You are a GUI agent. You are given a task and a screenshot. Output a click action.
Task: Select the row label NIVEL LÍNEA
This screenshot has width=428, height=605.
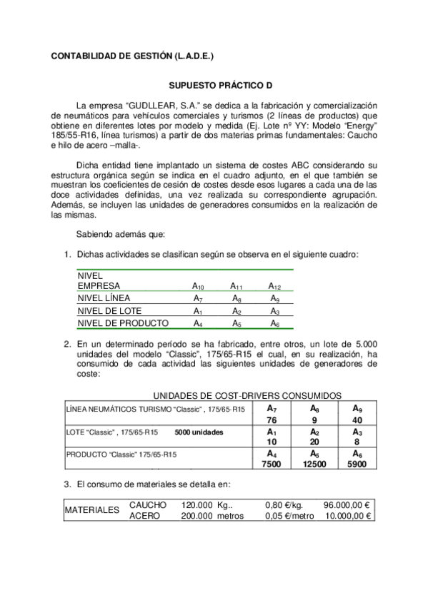tap(104, 298)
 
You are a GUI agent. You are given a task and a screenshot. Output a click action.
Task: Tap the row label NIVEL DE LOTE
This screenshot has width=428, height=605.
tap(109, 311)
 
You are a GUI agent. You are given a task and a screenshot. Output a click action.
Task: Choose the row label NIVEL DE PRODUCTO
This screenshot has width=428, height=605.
tap(118, 323)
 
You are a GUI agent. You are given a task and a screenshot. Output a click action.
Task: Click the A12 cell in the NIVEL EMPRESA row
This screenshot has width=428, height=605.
tap(275, 285)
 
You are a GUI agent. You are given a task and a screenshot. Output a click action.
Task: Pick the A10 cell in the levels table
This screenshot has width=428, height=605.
tap(198, 285)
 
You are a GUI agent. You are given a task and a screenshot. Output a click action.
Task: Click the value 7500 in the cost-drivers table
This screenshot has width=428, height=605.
tap(271, 464)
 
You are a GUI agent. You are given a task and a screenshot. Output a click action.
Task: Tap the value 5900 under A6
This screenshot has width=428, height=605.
tap(357, 464)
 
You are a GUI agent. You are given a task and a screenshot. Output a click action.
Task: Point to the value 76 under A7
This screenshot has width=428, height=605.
tap(271, 420)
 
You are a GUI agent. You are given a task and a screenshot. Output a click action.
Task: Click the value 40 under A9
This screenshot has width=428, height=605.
tap(357, 420)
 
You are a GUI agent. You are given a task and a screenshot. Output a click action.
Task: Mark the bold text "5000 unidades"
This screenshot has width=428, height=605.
tap(199, 432)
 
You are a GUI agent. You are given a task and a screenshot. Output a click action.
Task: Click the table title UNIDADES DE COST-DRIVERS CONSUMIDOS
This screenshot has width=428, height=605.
tap(247, 395)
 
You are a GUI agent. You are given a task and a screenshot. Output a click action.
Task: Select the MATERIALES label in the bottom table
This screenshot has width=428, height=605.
tap(91, 511)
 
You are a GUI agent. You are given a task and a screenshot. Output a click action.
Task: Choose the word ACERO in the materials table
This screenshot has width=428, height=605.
tap(147, 517)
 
